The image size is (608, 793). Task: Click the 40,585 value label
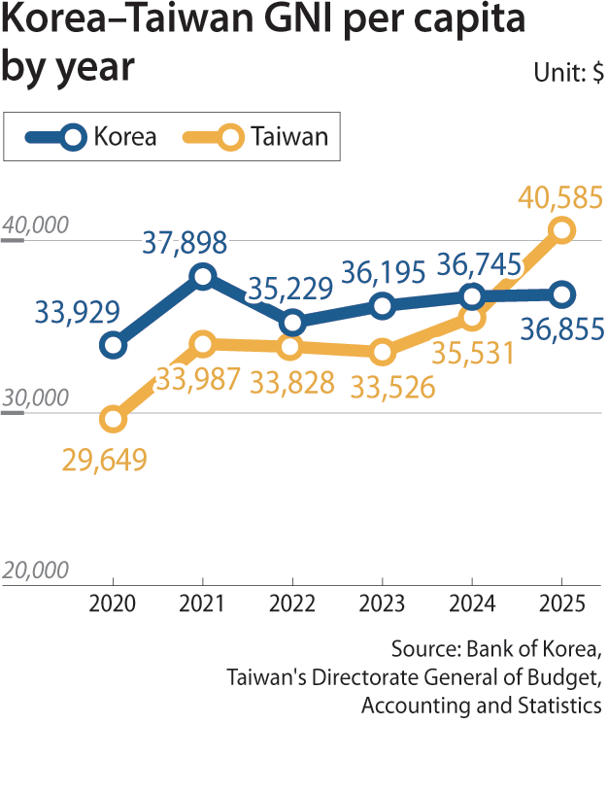tap(560, 197)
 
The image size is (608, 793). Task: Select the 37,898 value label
tap(185, 243)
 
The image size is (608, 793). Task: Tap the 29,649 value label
tap(105, 460)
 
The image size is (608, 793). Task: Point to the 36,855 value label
tap(562, 329)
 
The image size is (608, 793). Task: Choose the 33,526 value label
tap(392, 388)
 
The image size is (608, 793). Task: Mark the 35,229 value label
tap(290, 289)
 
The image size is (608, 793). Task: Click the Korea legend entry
tap(91, 137)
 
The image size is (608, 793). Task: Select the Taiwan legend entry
tap(255, 137)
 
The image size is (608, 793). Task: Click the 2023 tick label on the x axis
tap(382, 603)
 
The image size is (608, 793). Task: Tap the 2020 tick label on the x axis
tap(113, 603)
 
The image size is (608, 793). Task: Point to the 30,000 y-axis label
tap(35, 397)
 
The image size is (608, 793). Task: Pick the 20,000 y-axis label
tap(35, 569)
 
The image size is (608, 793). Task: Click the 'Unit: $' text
tap(568, 73)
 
